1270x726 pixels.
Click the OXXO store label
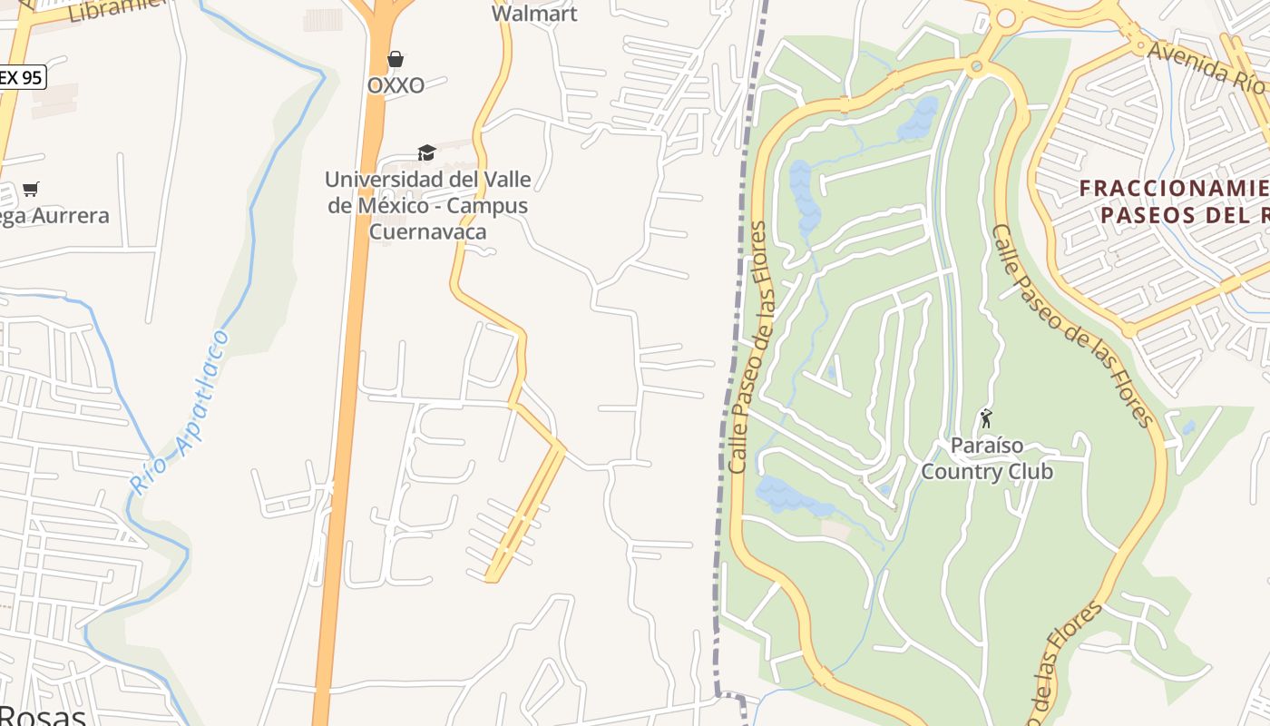(x=396, y=85)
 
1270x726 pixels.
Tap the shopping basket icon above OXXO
(x=396, y=60)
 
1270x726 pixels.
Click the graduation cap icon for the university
(x=426, y=152)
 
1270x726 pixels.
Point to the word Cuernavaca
(x=427, y=231)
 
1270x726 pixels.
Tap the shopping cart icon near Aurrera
(x=31, y=189)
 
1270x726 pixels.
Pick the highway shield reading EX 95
(x=20, y=77)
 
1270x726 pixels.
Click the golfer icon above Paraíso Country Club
(x=986, y=419)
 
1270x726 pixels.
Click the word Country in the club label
(x=957, y=472)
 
